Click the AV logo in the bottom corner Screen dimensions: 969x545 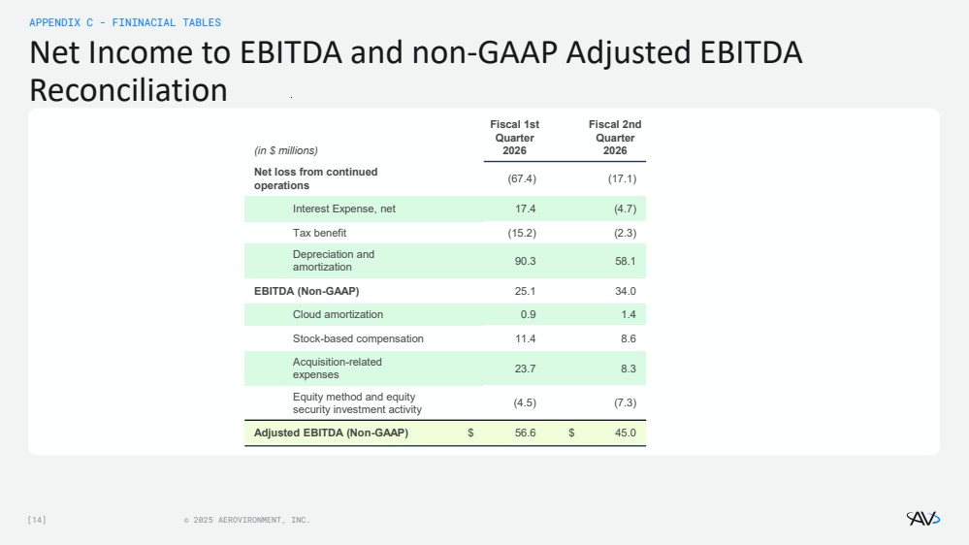point(923,519)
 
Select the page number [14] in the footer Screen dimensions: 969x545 point(37,520)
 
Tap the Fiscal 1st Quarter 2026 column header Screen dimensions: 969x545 point(514,138)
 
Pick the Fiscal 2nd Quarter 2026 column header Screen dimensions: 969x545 point(615,138)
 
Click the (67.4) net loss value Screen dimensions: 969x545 point(522,178)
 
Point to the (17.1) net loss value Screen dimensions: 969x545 point(622,178)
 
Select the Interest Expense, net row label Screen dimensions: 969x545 point(344,208)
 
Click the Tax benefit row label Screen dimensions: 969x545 point(319,233)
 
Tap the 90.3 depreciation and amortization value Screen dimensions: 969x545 point(526,262)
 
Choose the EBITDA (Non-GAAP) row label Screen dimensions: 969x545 point(307,291)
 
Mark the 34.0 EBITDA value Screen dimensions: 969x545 point(626,291)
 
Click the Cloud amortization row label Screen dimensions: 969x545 point(339,314)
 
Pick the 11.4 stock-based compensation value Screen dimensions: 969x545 point(526,338)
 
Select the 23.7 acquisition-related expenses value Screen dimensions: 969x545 point(526,369)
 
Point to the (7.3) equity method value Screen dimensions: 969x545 point(625,402)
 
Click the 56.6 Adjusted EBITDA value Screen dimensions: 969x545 point(526,433)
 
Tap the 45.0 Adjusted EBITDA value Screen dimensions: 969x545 point(626,433)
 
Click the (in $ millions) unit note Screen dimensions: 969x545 point(285,150)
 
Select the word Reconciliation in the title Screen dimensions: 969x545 point(129,90)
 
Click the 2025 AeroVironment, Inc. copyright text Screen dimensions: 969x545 point(247,521)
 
